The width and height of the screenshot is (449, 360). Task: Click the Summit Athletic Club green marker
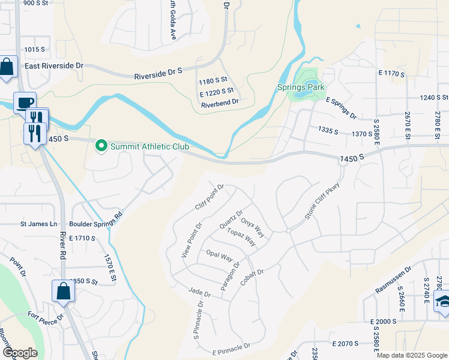[x=101, y=146]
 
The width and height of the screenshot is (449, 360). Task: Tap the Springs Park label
[x=301, y=87]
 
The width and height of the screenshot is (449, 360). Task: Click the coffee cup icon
[x=24, y=103]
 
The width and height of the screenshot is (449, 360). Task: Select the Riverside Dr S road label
[x=158, y=73]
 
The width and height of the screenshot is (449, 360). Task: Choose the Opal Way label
[x=219, y=256]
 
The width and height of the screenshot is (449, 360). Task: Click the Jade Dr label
[x=199, y=293]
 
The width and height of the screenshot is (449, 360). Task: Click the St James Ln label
[x=38, y=224]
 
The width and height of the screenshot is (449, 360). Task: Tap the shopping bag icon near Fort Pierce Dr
[x=64, y=292]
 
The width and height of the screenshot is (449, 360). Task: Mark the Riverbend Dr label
[x=220, y=103]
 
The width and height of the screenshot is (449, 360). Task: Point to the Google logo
[x=19, y=353]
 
